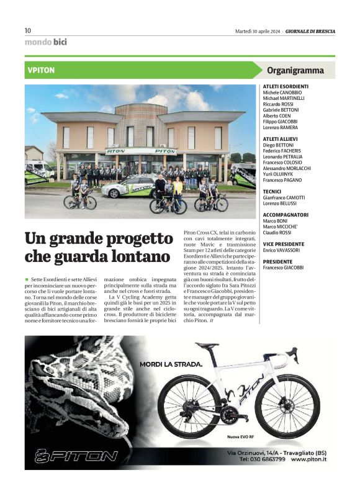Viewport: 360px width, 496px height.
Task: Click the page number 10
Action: [x=28, y=30]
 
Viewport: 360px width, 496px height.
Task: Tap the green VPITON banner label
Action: [x=42, y=70]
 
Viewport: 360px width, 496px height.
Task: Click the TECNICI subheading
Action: [x=272, y=191]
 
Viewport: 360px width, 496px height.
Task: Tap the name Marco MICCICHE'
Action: [x=283, y=226]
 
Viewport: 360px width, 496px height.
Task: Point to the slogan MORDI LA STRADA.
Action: [x=170, y=364]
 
